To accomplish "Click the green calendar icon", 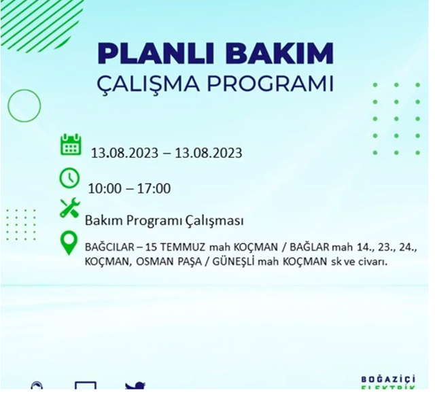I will click(x=71, y=145).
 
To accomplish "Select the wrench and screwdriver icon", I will click(x=69, y=208).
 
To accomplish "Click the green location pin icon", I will click(x=69, y=243).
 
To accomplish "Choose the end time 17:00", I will click(x=154, y=188).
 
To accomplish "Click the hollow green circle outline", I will click(x=24, y=105).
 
